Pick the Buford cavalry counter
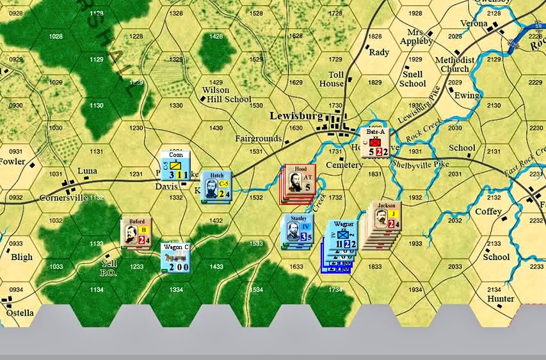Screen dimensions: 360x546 136,232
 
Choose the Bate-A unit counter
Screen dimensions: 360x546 375,142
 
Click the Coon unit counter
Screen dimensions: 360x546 175,165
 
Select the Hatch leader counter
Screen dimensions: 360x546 216,184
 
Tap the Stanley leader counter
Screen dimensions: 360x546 298,229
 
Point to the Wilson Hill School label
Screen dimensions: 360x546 227,95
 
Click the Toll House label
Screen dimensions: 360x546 332,79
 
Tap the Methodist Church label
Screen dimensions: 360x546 454,65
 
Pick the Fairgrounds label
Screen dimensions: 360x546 259,138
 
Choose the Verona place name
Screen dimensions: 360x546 474,23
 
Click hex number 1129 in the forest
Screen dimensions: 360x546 97,59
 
